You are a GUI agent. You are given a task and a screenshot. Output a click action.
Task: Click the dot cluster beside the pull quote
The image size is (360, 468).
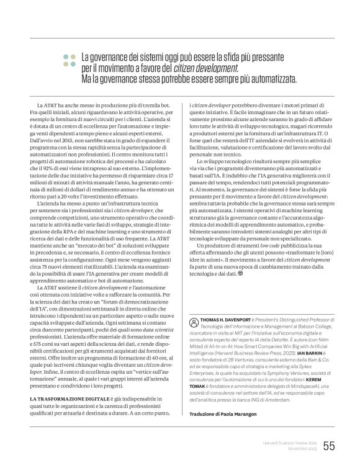[68, 60]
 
